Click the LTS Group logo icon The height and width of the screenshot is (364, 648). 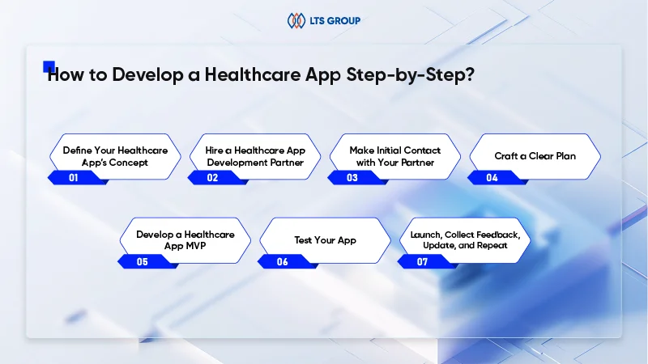(296, 21)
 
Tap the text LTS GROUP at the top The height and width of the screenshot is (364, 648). (335, 21)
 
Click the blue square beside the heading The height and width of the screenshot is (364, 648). (49, 66)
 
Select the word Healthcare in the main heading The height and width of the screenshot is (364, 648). (253, 74)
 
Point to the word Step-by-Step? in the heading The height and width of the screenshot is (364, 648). (411, 75)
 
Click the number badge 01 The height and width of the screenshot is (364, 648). (74, 178)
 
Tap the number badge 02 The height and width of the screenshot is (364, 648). (212, 178)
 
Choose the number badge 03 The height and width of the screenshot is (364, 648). (352, 178)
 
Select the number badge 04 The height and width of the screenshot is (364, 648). (492, 178)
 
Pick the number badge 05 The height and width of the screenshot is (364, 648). (143, 262)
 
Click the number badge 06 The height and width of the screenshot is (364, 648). (282, 262)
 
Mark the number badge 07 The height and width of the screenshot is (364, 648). (422, 262)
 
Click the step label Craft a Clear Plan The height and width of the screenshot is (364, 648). (535, 156)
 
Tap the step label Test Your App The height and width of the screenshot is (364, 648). (326, 240)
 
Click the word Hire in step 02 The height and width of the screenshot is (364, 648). (214, 150)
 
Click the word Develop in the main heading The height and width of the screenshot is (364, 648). (147, 75)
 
